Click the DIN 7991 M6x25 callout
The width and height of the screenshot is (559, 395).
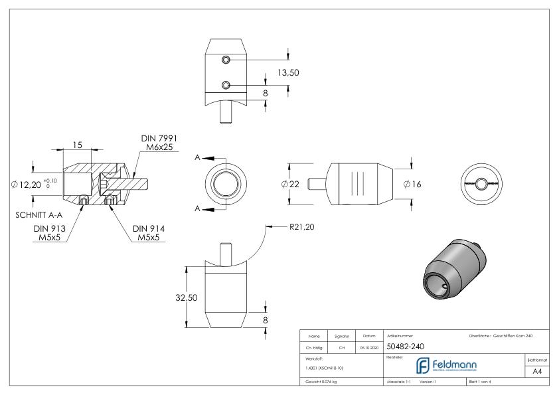(x=157, y=143)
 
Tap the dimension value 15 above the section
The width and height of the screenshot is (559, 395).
(x=78, y=145)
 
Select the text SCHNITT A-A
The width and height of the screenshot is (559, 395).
(x=39, y=215)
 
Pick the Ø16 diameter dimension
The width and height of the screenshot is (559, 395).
(x=413, y=184)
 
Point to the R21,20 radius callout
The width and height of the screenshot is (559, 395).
(x=301, y=227)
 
